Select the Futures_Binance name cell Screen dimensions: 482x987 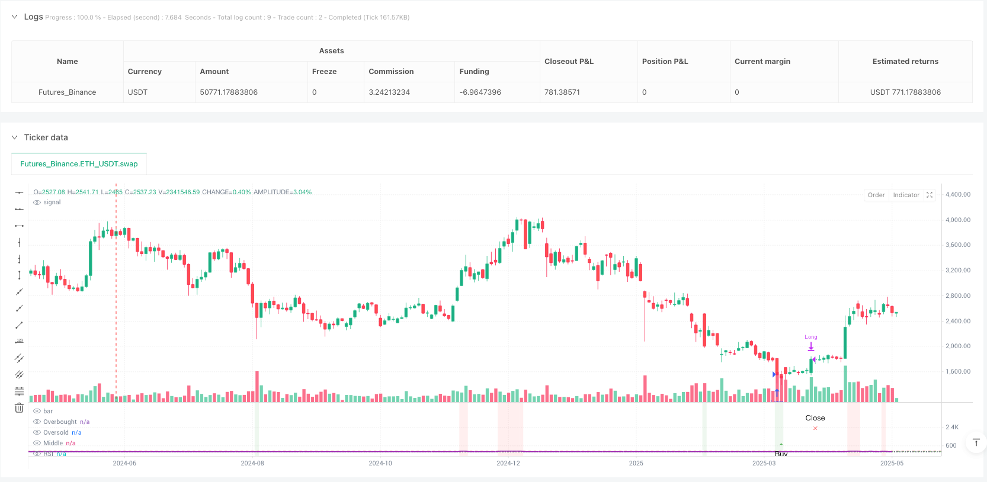pos(67,92)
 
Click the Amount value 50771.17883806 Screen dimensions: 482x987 pos(229,92)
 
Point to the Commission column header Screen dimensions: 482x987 pos(391,72)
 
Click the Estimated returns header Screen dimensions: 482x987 pos(905,62)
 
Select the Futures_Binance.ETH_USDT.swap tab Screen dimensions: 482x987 pos(79,164)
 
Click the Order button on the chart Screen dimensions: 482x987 pos(876,195)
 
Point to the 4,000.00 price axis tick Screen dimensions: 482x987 pos(957,220)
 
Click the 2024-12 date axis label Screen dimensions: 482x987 pos(508,463)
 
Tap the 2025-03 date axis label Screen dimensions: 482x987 pos(764,463)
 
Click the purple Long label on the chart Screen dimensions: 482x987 pos(810,337)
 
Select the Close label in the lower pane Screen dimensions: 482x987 pos(815,418)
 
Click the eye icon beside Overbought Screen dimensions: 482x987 pos(37,422)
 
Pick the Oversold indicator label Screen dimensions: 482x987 pos(56,433)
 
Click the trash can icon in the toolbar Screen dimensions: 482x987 pos(19,408)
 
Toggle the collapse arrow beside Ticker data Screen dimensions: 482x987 pos(15,137)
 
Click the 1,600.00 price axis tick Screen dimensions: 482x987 pos(957,372)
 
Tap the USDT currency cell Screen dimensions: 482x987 pos(137,92)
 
